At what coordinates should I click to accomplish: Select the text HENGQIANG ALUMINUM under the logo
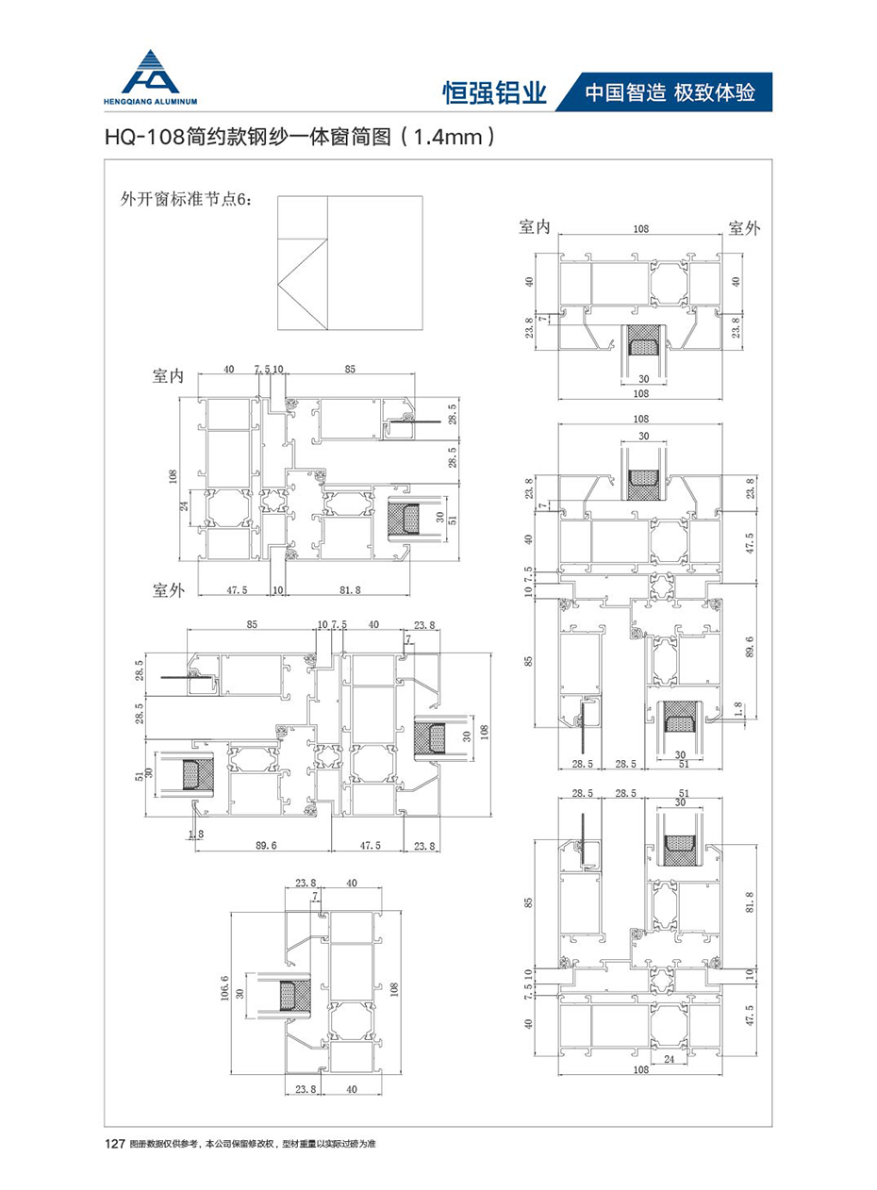tap(155, 99)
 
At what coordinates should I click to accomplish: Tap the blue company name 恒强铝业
tap(495, 92)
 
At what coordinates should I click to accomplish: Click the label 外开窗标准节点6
tap(182, 199)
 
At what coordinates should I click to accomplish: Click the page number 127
tap(113, 1144)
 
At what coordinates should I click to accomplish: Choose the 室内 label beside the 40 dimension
tap(168, 376)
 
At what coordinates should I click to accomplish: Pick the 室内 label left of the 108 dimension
tap(535, 226)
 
